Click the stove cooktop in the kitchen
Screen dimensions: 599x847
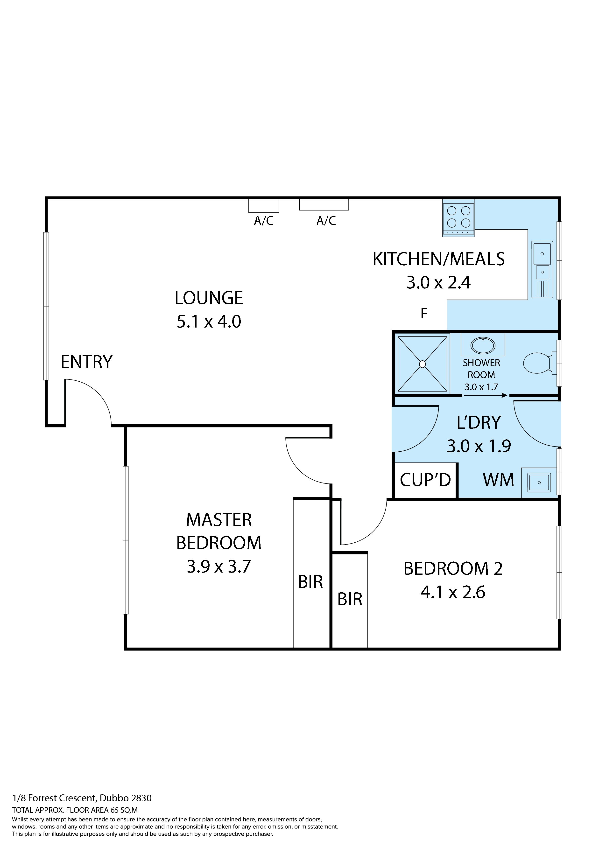click(458, 220)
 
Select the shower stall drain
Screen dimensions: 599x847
click(423, 364)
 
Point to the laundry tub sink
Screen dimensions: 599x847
click(539, 482)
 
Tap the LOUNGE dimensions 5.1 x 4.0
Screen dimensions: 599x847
click(209, 322)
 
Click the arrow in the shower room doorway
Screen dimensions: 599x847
click(485, 395)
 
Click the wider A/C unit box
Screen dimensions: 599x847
click(324, 205)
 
